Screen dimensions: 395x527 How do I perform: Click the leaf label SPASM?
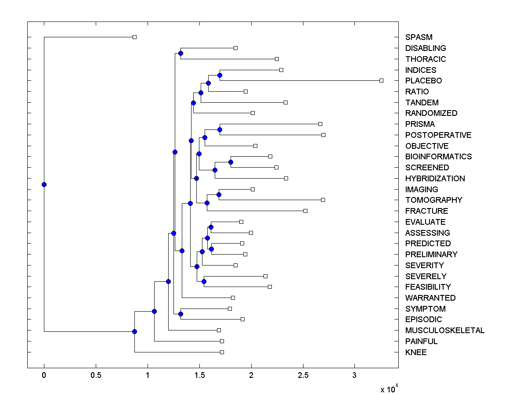419,37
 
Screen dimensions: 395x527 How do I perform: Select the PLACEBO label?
423,81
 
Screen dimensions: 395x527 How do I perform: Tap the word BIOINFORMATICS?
438,157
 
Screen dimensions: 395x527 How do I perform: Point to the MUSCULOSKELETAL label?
444,330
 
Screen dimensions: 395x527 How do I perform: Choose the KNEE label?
416,352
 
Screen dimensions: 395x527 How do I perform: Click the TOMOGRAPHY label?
433,200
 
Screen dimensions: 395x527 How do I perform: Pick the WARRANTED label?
430,298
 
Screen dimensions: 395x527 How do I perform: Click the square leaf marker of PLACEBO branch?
381,80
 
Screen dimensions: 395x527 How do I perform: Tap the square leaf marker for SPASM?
134,37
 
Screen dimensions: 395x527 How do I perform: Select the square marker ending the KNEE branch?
222,352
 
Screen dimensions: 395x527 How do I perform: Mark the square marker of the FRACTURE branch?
305,211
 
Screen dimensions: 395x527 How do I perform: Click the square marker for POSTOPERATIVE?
323,135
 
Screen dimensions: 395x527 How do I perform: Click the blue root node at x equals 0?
44,184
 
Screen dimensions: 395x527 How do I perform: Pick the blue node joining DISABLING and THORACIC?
180,53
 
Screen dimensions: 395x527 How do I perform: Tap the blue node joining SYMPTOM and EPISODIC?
180,314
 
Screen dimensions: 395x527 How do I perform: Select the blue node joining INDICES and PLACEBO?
220,75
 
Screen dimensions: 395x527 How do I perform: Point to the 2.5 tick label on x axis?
303,375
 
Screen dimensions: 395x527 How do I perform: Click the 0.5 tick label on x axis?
96,375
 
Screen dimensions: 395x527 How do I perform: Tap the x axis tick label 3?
355,375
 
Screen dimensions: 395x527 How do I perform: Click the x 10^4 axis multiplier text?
388,388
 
